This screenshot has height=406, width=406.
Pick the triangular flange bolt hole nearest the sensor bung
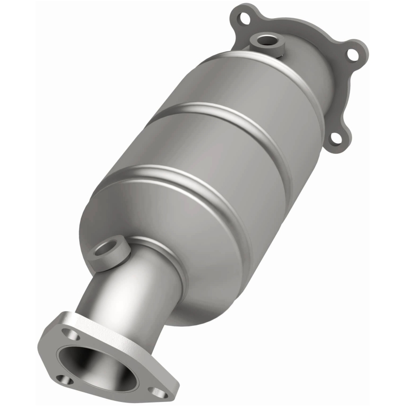[x=73, y=335]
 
